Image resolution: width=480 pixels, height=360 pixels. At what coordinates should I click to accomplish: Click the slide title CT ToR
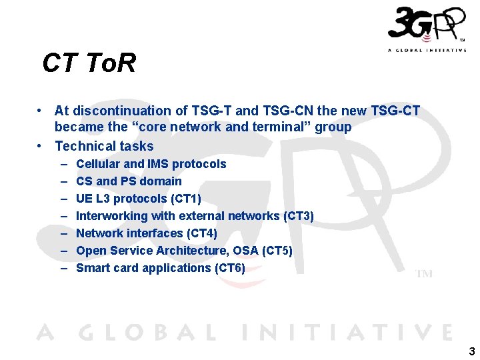pyautogui.click(x=89, y=63)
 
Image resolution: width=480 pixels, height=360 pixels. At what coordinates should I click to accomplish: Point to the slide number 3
pyautogui.click(x=471, y=351)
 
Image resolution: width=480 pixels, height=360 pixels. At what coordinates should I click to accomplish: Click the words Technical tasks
pyautogui.click(x=104, y=146)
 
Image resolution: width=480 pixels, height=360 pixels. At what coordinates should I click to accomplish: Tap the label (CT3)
pyautogui.click(x=299, y=216)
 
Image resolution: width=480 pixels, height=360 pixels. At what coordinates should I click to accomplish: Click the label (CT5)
pyautogui.click(x=277, y=251)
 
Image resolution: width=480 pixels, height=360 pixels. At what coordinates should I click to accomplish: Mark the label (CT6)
pyautogui.click(x=229, y=268)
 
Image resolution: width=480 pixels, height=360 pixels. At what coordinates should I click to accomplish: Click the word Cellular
pyautogui.click(x=98, y=164)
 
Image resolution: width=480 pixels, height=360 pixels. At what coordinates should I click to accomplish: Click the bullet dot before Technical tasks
pyautogui.click(x=41, y=146)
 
